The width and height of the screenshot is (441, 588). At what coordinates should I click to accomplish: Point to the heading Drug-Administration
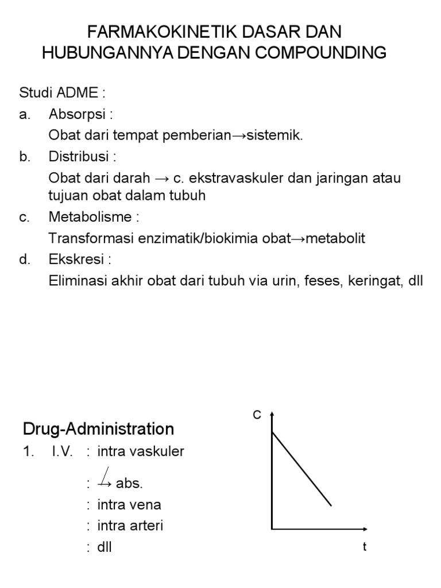[98, 429]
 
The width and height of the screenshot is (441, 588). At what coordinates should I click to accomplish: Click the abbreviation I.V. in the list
[61, 451]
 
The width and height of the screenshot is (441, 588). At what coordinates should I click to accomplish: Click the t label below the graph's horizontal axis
[364, 547]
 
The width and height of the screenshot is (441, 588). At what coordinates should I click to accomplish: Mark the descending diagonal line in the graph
[301, 469]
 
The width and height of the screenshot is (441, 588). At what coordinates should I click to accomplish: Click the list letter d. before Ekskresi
[24, 260]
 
